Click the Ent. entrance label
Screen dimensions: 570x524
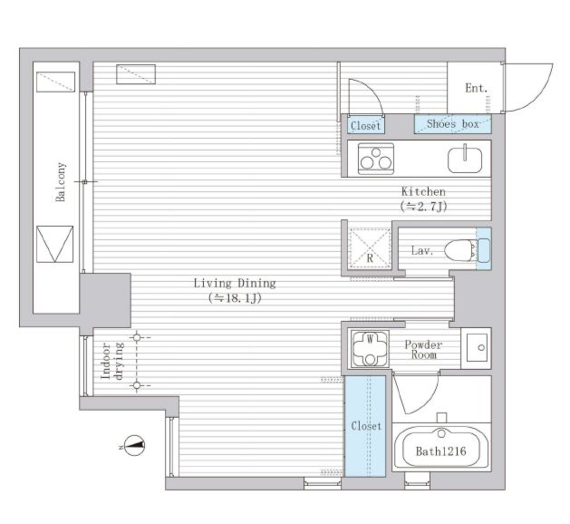click(477, 88)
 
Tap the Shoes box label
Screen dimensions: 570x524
click(453, 124)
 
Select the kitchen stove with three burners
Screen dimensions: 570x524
click(376, 159)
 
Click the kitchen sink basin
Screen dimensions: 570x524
click(465, 160)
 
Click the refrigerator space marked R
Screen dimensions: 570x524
click(370, 248)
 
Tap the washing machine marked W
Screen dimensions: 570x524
click(370, 349)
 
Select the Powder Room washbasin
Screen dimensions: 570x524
click(477, 347)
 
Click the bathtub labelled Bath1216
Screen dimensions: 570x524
click(441, 447)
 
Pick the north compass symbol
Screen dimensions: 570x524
click(134, 445)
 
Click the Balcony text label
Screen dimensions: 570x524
click(61, 182)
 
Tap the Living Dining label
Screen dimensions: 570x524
click(235, 283)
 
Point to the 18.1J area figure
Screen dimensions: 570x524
click(236, 298)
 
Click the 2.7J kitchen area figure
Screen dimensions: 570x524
click(423, 207)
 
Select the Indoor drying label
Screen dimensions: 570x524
click(112, 361)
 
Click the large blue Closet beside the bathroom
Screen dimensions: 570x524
click(365, 426)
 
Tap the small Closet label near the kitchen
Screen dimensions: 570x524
click(365, 126)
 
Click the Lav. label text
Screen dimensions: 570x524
click(422, 250)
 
